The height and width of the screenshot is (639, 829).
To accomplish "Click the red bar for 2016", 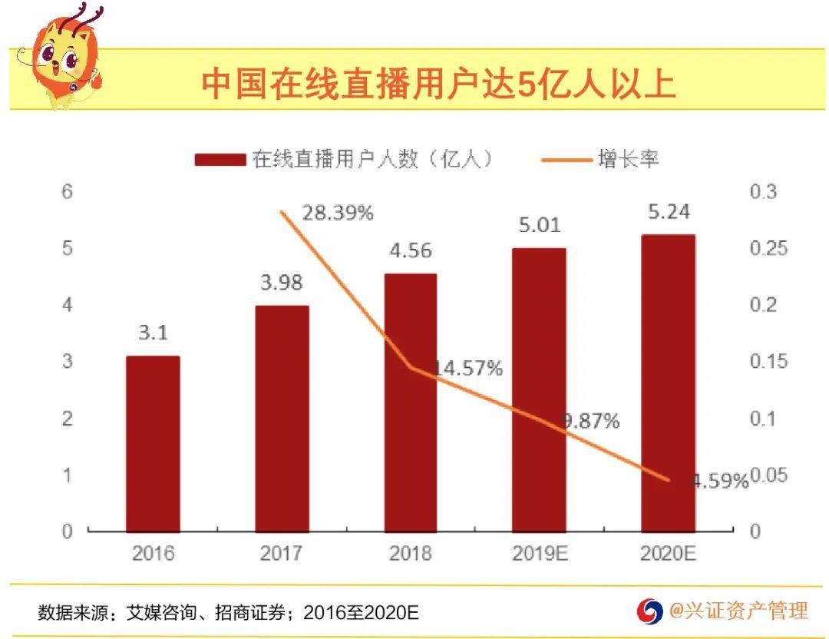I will click(153, 443).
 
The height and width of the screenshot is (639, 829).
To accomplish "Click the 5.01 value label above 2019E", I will click(540, 225).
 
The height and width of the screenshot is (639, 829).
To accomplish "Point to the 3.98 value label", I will click(282, 283).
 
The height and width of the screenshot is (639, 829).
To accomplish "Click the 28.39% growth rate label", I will click(338, 214).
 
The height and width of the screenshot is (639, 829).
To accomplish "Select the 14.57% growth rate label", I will click(468, 369).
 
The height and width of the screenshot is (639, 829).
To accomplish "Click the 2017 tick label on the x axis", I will click(281, 553).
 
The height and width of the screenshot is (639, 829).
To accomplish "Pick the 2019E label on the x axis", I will click(540, 553).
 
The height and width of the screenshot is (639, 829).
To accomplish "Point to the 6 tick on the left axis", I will click(67, 191).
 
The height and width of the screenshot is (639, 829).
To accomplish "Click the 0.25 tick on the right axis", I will click(768, 248).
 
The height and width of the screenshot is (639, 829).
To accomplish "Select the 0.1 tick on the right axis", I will click(763, 419).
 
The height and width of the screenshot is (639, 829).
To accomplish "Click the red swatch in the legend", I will click(220, 159).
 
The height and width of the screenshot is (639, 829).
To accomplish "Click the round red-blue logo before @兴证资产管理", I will click(649, 611).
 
